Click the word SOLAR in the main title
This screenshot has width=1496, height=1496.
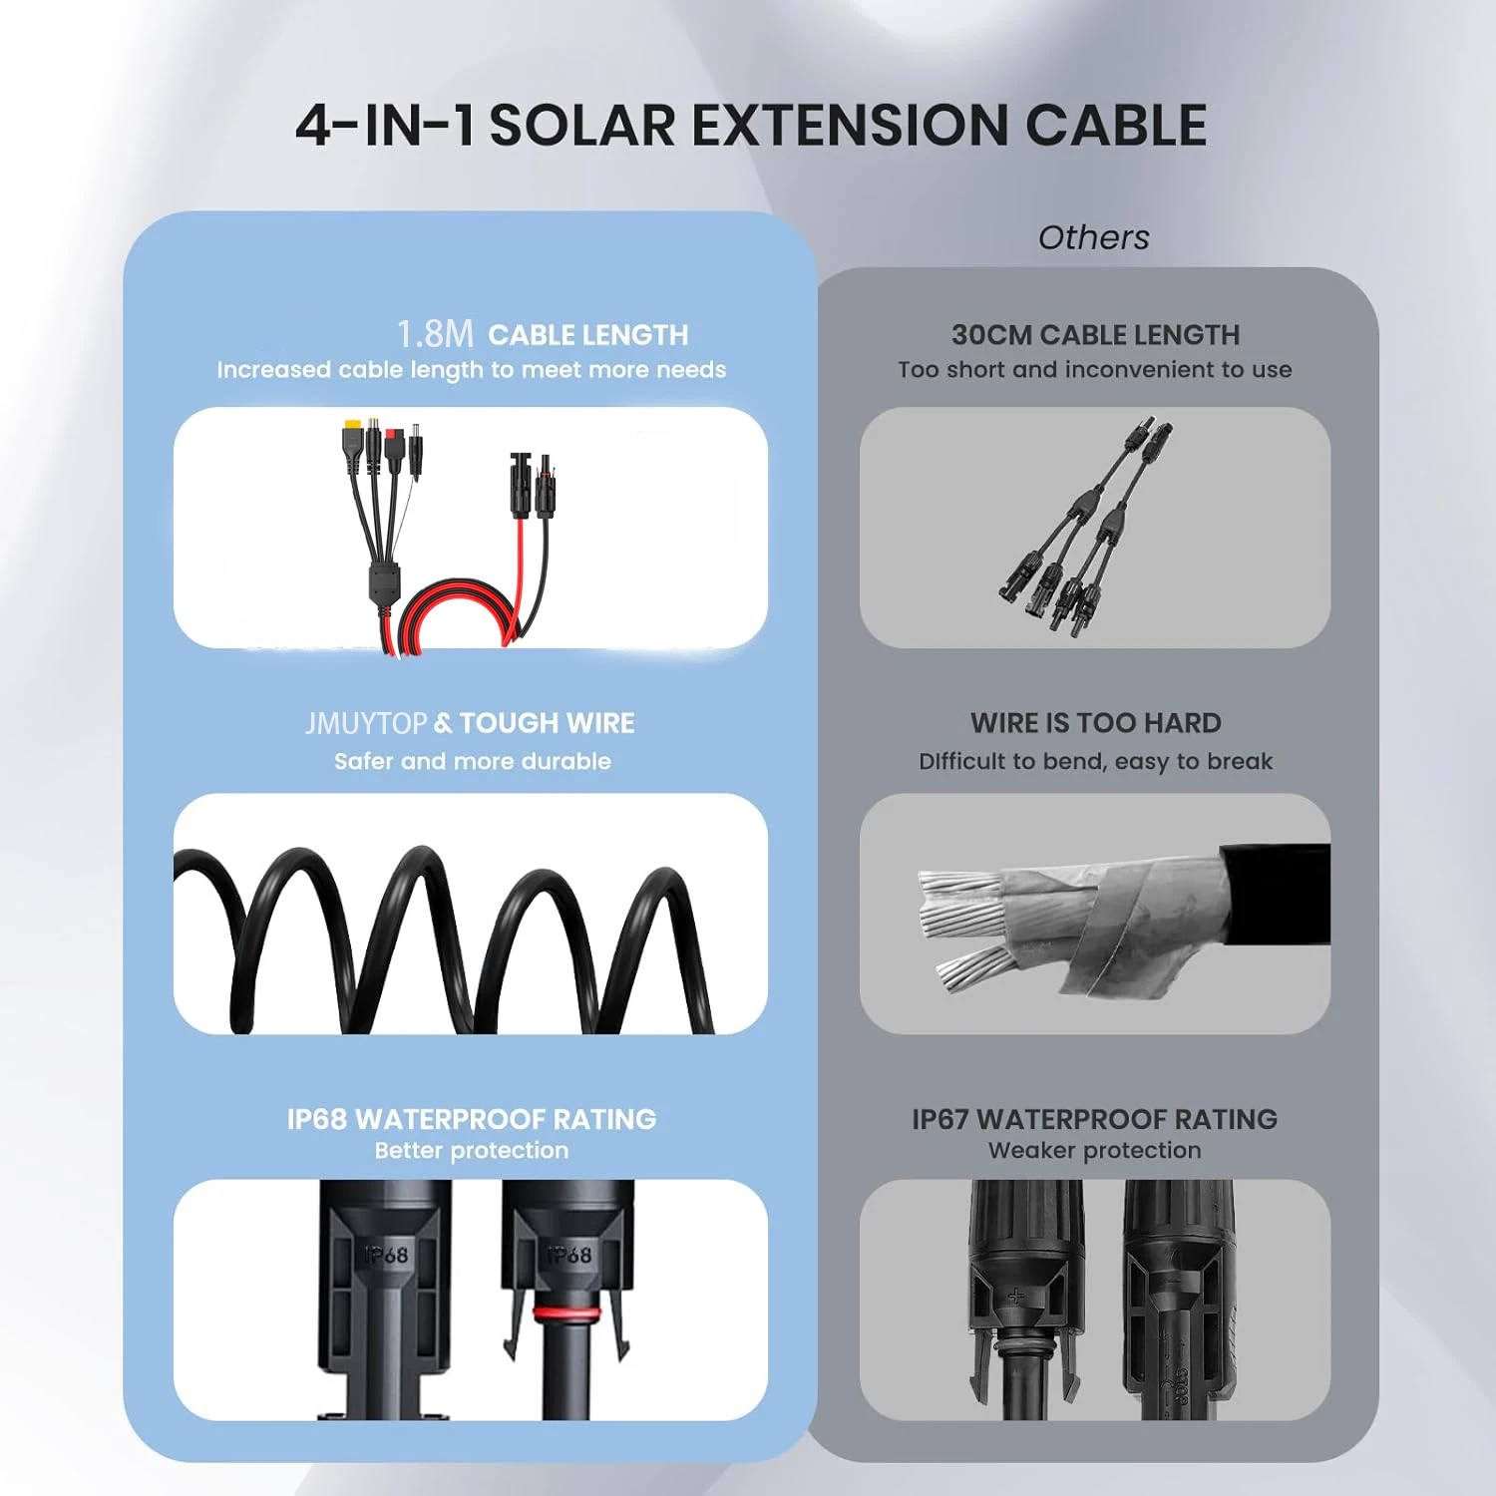(x=582, y=126)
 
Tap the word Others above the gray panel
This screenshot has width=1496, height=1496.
(x=1094, y=237)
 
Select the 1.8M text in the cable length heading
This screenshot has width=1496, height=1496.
(x=435, y=334)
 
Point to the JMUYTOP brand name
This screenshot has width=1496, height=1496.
(x=366, y=723)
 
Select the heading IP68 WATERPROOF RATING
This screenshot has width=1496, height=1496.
(x=472, y=1119)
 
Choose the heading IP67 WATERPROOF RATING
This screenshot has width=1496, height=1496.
(x=1094, y=1119)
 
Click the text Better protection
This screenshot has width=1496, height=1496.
(x=472, y=1150)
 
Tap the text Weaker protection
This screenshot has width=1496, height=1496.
(x=1094, y=1150)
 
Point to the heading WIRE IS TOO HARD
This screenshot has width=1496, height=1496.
(x=1096, y=723)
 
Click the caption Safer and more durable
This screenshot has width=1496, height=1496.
(x=473, y=761)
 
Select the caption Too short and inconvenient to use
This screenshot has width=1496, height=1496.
(x=1095, y=369)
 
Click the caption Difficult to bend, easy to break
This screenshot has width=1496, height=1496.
(x=1096, y=762)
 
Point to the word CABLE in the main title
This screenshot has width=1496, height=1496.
(x=1116, y=126)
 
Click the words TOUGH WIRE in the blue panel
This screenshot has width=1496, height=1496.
(x=547, y=723)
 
